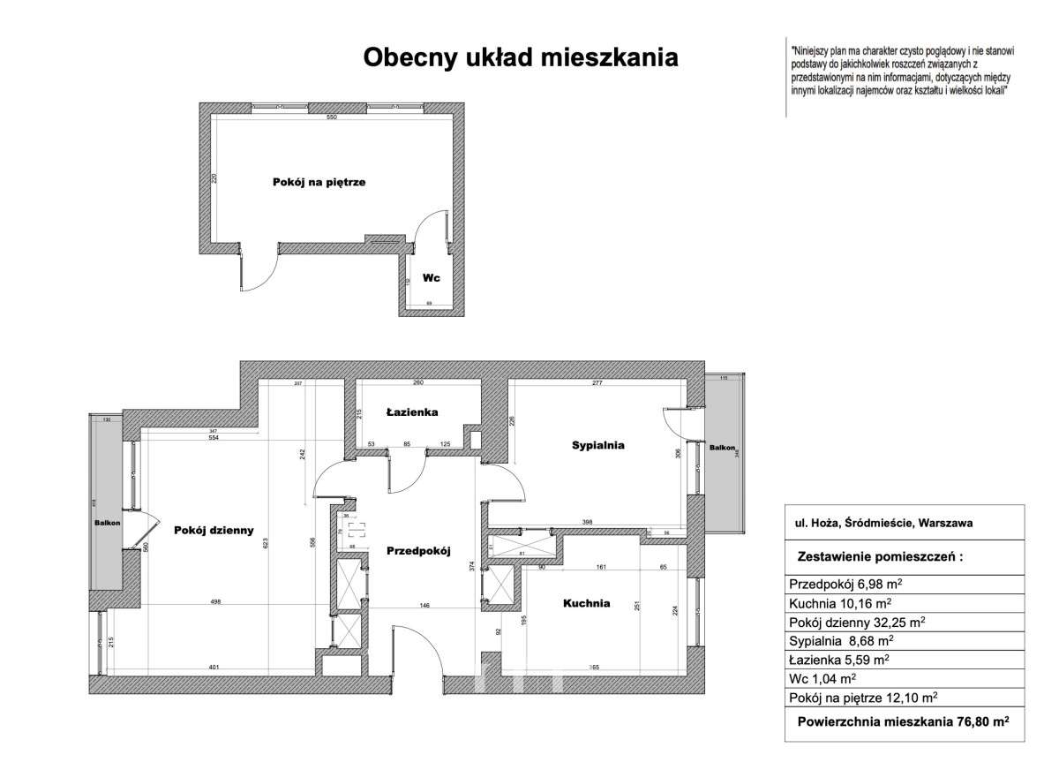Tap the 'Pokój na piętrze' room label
tap(318, 183)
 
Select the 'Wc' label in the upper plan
tap(431, 277)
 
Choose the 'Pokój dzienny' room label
tap(214, 531)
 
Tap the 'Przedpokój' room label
tap(418, 551)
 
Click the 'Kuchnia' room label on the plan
tap(587, 604)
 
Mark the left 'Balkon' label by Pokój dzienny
tap(108, 523)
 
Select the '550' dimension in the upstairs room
tap(332, 118)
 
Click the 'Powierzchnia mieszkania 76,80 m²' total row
tap(903, 721)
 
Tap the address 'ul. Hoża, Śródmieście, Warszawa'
tap(884, 523)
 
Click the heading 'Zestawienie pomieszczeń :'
tap(879, 558)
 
